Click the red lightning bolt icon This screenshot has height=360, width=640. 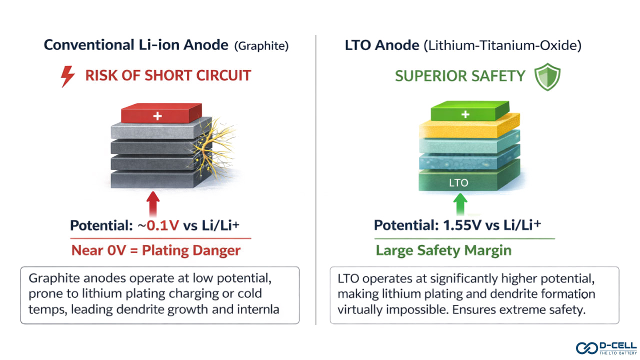67,76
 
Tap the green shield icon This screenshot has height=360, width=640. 547,76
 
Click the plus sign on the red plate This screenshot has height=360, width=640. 157,116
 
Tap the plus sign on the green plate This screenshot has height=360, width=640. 465,114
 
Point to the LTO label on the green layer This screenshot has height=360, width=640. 458,183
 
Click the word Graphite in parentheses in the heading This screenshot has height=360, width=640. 261,46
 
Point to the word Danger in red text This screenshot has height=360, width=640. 216,250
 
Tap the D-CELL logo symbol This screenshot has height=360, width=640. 586,347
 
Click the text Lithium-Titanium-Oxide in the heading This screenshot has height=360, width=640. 502,46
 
